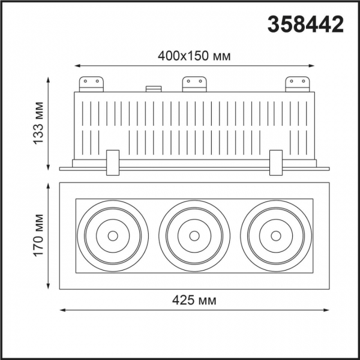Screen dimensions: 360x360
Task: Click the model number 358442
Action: tap(304, 25)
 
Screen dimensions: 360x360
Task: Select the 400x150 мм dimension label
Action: tap(195, 56)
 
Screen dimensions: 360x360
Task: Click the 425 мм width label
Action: tap(195, 299)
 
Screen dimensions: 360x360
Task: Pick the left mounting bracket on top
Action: tap(92, 83)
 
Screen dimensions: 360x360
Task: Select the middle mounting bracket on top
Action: tap(194, 83)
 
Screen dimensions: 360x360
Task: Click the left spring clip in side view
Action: tap(112, 163)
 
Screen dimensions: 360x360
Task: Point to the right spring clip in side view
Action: tap(276, 163)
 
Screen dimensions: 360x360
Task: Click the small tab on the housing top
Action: tap(154, 89)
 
